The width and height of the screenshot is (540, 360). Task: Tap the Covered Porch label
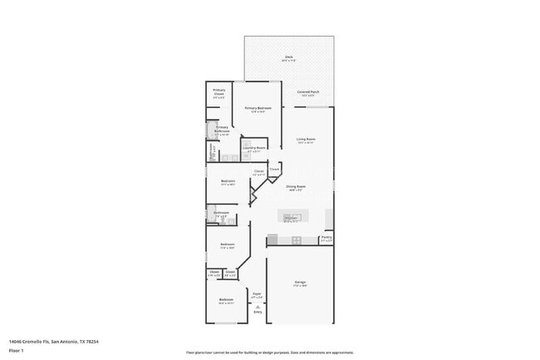click(310, 92)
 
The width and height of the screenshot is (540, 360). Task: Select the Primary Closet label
click(218, 92)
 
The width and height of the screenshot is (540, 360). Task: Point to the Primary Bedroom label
click(258, 109)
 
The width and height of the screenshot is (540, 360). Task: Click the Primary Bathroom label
click(222, 130)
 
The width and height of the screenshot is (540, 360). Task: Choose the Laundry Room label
click(254, 150)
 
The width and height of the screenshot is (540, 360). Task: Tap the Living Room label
click(306, 141)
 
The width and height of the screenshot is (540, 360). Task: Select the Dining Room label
click(297, 188)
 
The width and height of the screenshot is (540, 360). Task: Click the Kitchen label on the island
click(292, 219)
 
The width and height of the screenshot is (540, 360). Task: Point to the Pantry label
click(326, 239)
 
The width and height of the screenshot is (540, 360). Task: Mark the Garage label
click(299, 284)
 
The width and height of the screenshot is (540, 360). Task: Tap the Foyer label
click(258, 294)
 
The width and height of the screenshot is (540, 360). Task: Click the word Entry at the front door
click(258, 313)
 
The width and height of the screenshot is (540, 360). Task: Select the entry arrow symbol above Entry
click(258, 306)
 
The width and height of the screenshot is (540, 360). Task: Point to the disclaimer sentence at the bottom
click(269, 352)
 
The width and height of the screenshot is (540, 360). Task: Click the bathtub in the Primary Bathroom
click(209, 131)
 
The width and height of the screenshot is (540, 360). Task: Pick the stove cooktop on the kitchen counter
click(296, 240)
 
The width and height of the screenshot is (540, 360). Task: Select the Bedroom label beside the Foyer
click(226, 300)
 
